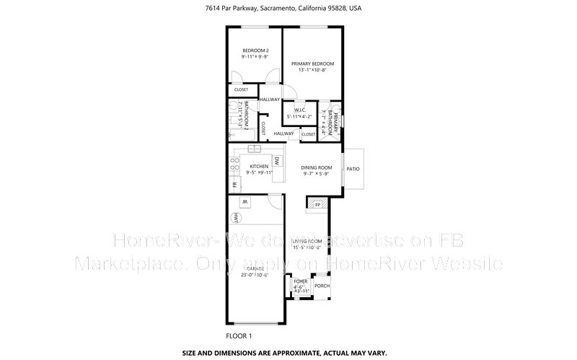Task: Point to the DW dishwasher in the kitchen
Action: (277, 161)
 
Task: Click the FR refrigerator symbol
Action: (234, 185)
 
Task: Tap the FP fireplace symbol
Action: (316, 204)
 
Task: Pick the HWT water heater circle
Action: (236, 216)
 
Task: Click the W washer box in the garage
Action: (245, 201)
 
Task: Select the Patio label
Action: (353, 169)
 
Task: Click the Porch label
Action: (322, 286)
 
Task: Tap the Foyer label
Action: (299, 281)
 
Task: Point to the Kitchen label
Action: (258, 167)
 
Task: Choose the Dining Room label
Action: (316, 167)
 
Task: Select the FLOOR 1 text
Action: (239, 336)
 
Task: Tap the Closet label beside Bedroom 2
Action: (240, 89)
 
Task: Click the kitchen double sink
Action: (255, 149)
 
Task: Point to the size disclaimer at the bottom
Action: (288, 354)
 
